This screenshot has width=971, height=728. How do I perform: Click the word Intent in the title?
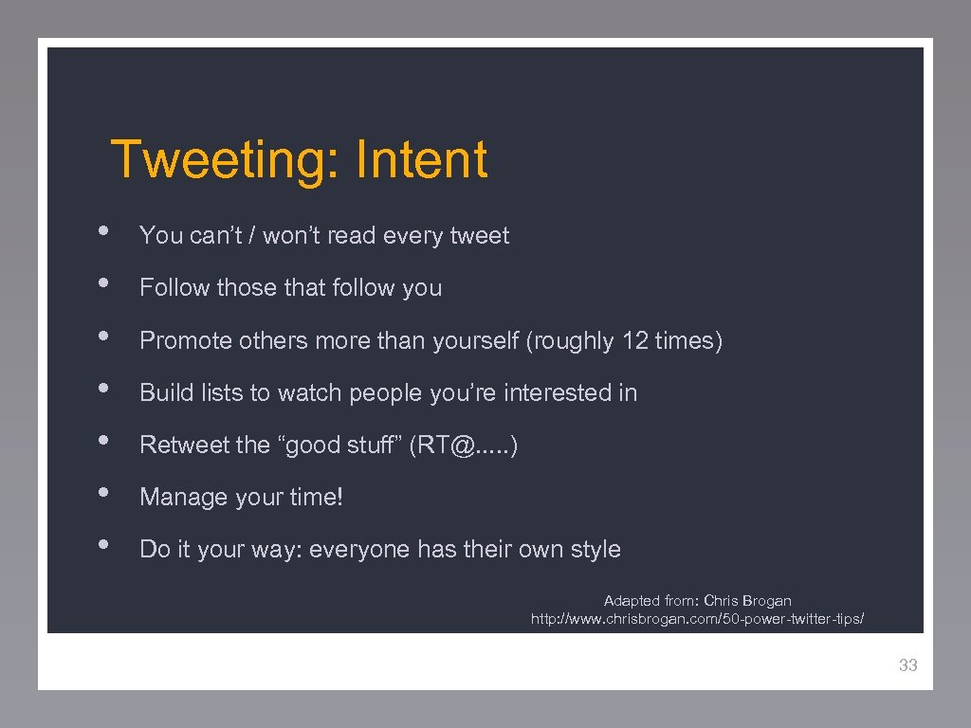pos(421,159)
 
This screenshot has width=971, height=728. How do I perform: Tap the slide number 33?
pos(907,665)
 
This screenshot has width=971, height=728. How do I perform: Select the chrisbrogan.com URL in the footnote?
pos(697,619)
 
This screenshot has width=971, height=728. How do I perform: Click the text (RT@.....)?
pos(463,445)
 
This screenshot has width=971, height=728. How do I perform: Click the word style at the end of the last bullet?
pos(595,550)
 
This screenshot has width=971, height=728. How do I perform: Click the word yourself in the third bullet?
pos(484,340)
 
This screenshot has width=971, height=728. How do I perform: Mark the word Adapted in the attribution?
pos(630,601)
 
